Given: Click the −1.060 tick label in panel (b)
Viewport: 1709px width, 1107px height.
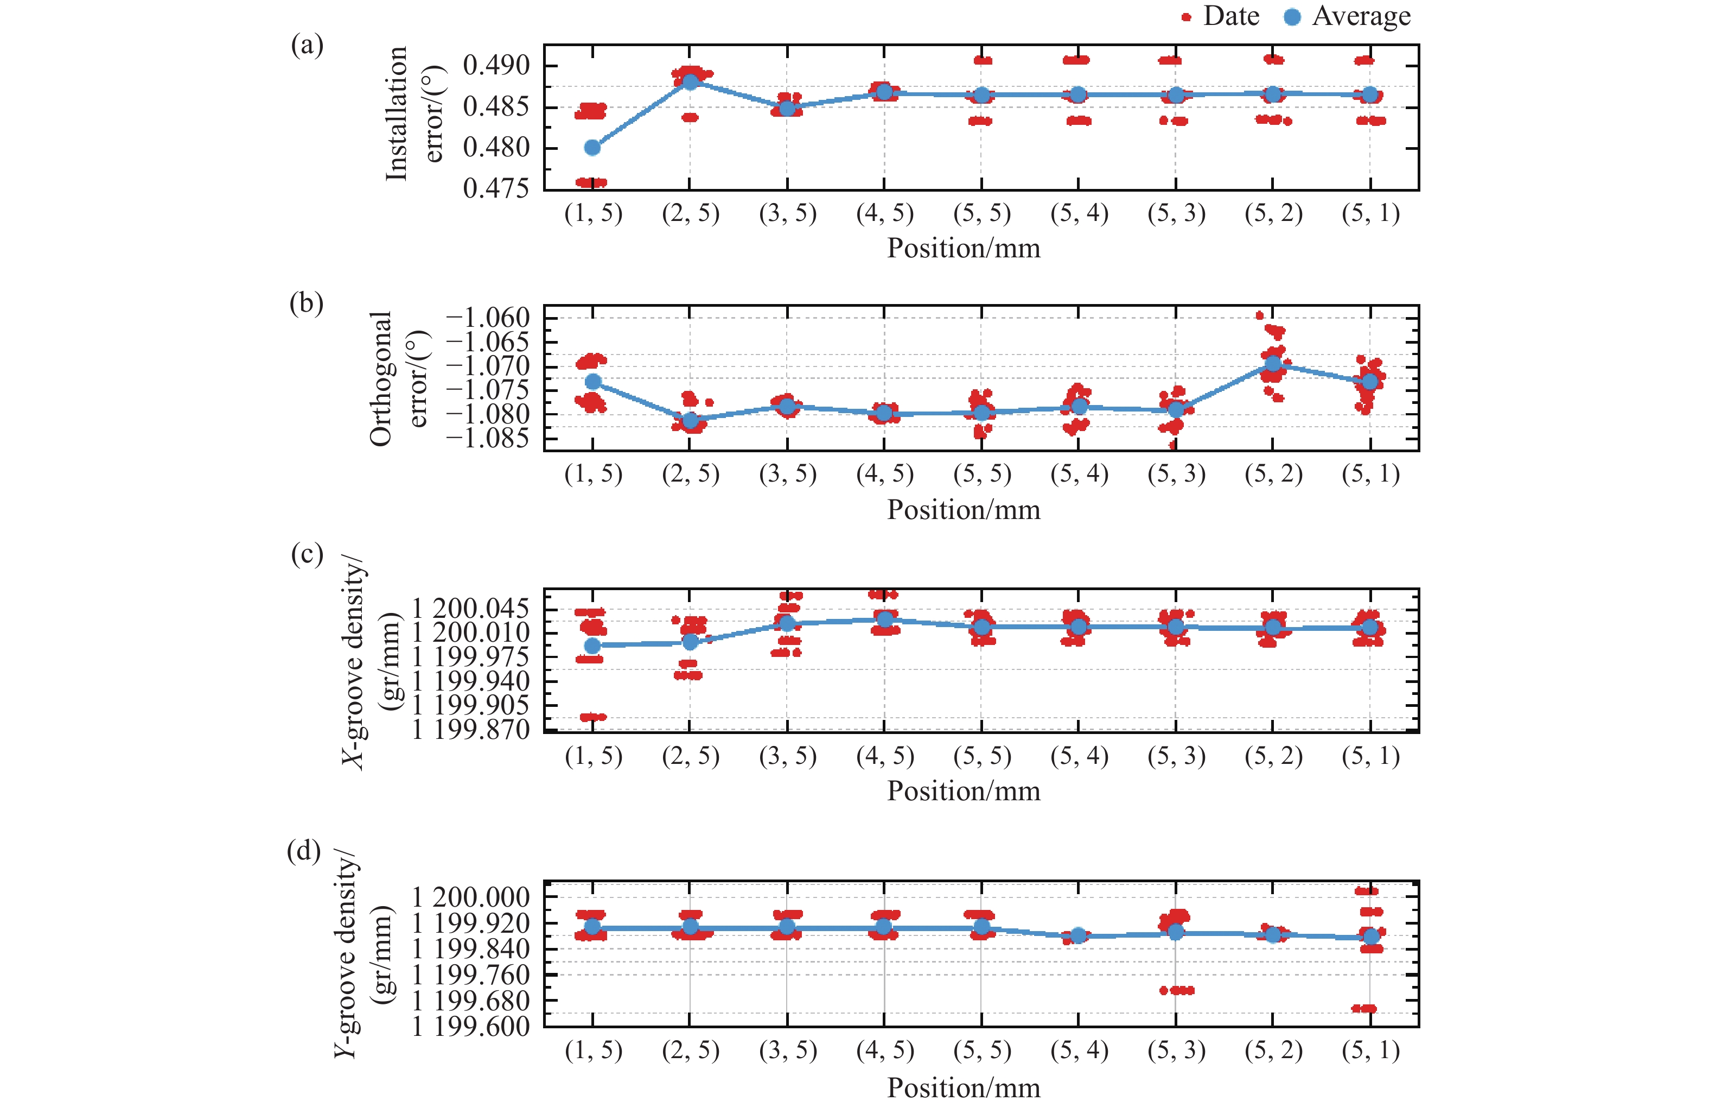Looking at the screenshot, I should point(488,318).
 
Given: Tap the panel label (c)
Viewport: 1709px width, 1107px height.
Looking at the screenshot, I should point(307,554).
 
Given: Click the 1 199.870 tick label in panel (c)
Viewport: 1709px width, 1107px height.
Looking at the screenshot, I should point(470,730).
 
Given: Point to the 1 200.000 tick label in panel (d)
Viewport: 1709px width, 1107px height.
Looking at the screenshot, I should point(470,897).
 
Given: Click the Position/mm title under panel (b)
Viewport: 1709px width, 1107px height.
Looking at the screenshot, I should point(963,510).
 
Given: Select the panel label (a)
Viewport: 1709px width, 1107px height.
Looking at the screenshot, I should point(307,45).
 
